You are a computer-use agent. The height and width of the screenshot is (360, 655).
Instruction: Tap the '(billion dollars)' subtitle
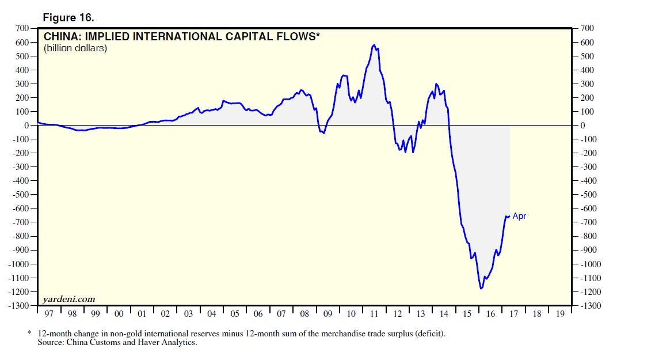pos(75,48)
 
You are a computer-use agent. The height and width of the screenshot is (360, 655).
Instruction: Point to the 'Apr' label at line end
pos(519,217)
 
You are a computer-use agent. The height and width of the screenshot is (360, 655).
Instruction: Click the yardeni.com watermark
pos(68,299)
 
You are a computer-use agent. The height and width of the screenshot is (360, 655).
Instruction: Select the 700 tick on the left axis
pos(22,28)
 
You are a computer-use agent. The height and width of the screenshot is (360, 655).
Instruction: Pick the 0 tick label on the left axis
pos(26,125)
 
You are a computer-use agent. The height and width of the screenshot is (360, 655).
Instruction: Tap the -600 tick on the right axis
pos(591,209)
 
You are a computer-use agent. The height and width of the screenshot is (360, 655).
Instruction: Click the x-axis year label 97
pos(49,314)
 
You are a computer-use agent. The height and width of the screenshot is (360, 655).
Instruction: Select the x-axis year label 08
pos(304,314)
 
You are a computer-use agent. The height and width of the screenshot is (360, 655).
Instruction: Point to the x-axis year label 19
pos(559,314)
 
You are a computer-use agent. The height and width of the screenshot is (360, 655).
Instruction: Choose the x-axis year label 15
pos(466,314)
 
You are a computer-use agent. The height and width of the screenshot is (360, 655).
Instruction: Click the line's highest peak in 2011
pos(374,44)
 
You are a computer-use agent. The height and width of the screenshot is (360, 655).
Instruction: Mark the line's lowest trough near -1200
pos(481,288)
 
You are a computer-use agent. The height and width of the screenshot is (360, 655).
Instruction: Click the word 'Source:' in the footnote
pos(52,343)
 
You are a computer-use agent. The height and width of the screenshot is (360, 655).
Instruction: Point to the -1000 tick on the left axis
pos(19,264)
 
